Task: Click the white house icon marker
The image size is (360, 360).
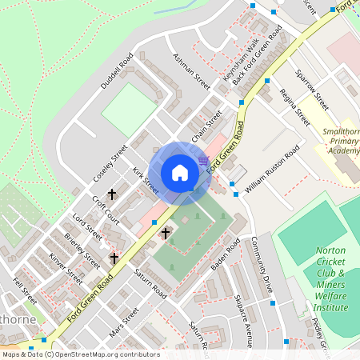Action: tap(180, 172)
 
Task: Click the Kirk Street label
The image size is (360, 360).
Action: tap(146, 180)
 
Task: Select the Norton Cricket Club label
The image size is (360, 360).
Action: tap(330, 278)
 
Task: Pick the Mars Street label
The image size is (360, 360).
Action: tap(124, 321)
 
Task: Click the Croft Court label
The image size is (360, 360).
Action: tap(106, 210)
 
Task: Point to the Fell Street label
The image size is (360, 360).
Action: tap(26, 291)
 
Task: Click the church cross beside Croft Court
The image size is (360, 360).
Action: tap(113, 194)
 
